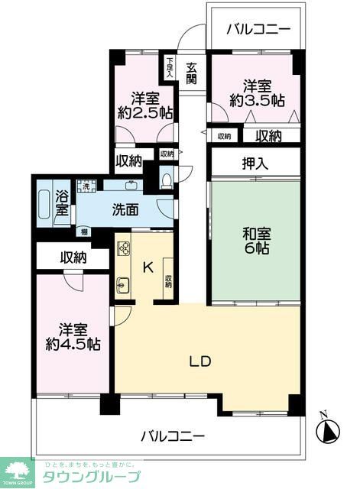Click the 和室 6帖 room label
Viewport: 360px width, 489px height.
256,241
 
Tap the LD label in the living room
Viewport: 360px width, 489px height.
200,361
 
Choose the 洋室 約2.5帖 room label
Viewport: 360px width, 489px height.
144,105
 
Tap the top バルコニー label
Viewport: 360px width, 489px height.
259,30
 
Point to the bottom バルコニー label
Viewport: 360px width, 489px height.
173,437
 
